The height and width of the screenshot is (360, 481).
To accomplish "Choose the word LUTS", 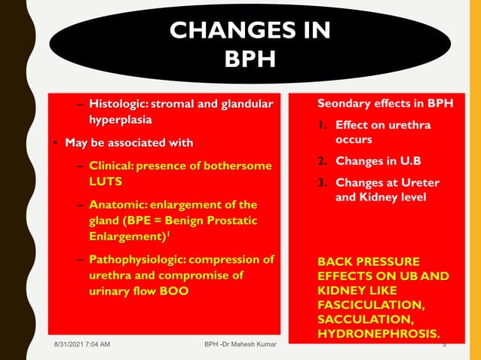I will point(105,182).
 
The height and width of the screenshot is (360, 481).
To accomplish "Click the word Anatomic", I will point(117,205).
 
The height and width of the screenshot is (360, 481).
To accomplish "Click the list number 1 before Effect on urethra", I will point(321,124).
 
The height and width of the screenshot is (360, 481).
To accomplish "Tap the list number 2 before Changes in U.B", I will point(321,161).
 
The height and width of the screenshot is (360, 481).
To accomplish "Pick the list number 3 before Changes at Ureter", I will point(321,183).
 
